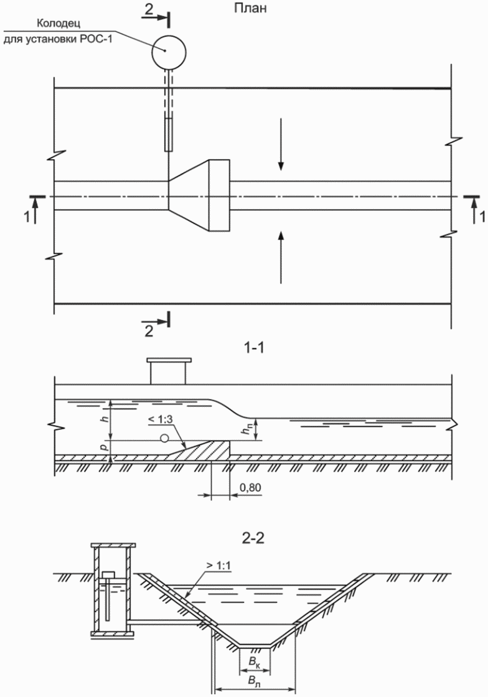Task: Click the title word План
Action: [x=251, y=8]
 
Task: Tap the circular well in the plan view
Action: [x=169, y=51]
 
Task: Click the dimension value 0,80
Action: [x=250, y=488]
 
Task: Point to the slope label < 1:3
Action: [x=161, y=420]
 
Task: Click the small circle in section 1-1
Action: [x=164, y=439]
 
